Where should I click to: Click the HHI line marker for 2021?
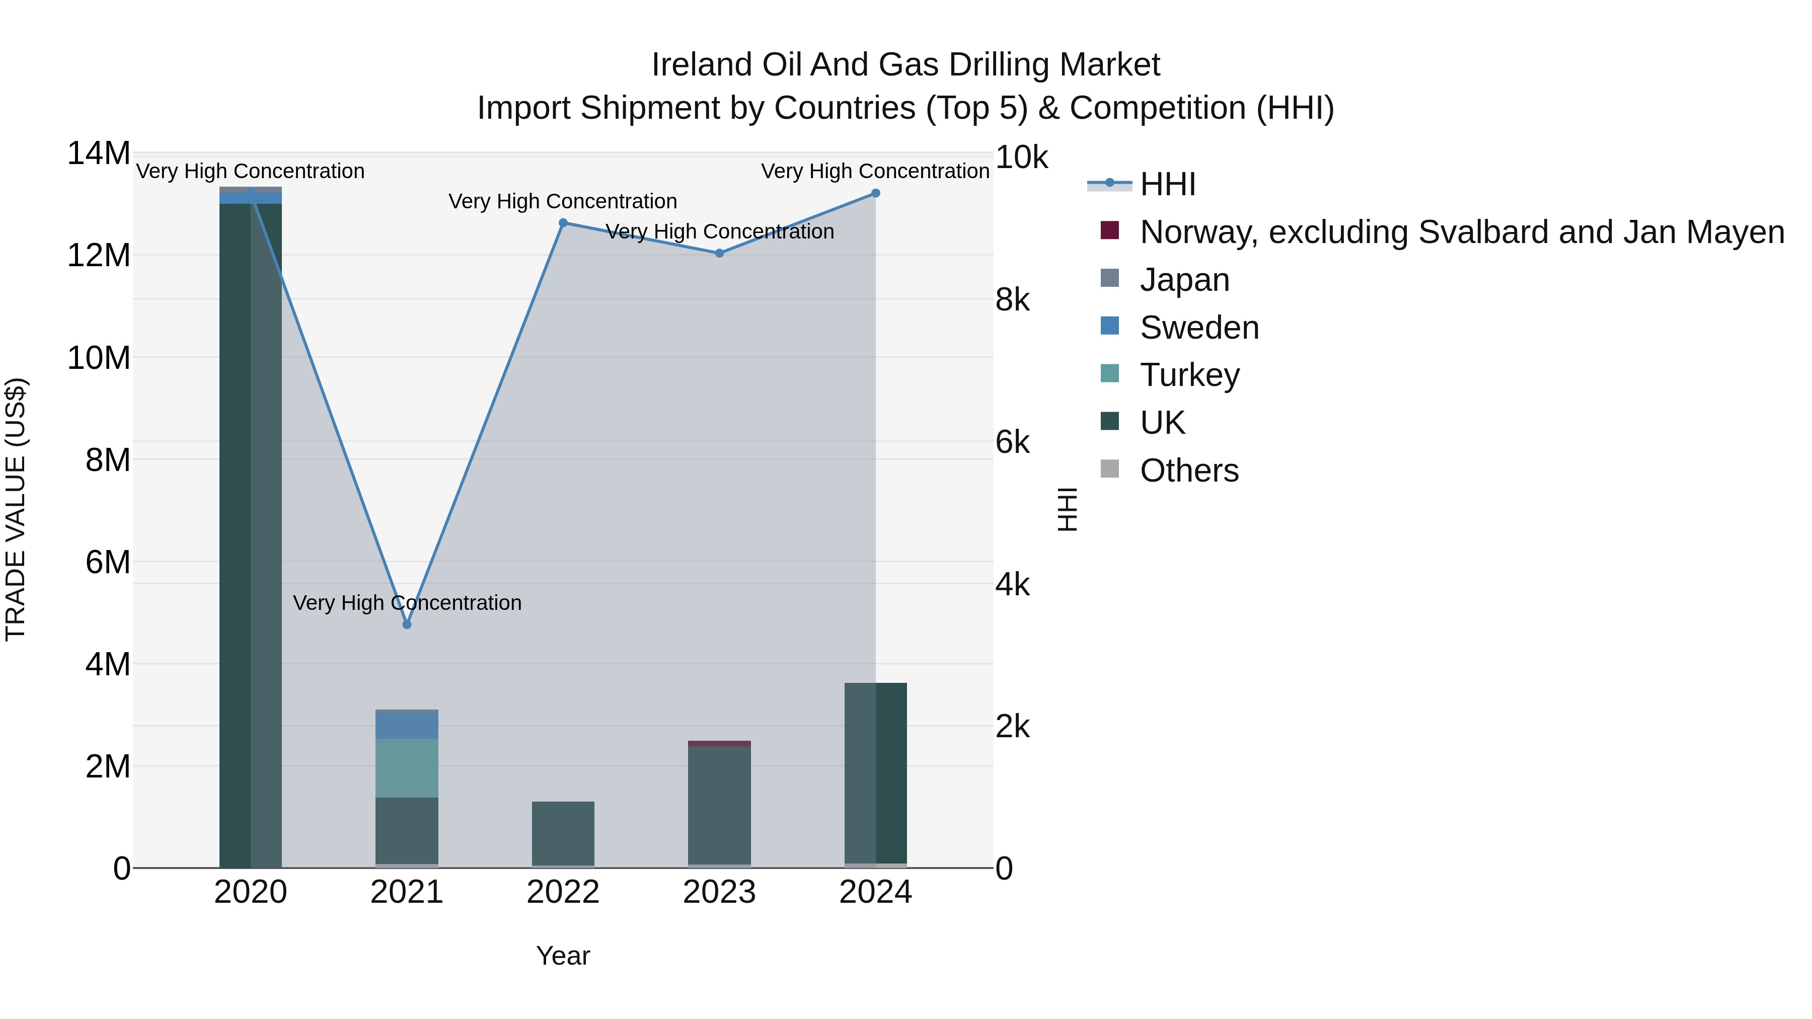(x=407, y=624)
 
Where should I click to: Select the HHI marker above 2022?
(x=563, y=223)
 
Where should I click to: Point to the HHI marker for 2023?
(x=719, y=253)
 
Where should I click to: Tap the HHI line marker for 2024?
(x=875, y=193)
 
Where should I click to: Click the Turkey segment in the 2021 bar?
(x=407, y=768)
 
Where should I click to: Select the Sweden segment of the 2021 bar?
(x=407, y=726)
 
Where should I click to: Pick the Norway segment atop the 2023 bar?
(x=719, y=743)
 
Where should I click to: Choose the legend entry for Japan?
(x=1184, y=280)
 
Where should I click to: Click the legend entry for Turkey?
(x=1189, y=375)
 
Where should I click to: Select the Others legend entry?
(x=1189, y=471)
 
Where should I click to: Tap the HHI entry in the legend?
(x=1168, y=184)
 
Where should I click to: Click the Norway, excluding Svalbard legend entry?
(x=1462, y=232)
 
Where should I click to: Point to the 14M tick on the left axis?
(x=99, y=153)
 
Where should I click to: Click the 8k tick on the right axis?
(x=1012, y=300)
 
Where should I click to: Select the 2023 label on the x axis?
(x=719, y=892)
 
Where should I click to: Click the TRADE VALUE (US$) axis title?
(x=16, y=509)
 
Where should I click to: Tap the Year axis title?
(x=563, y=956)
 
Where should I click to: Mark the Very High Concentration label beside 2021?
(x=407, y=603)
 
